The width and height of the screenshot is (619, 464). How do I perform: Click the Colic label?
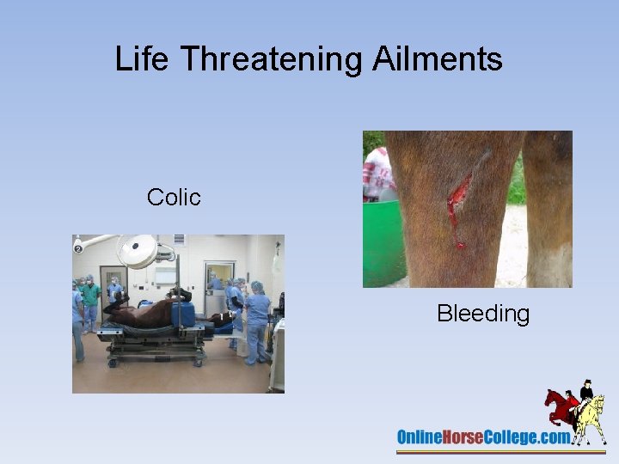point(174,198)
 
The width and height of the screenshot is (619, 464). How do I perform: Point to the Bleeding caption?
point(483,314)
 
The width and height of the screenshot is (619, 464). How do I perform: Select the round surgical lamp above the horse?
point(138,251)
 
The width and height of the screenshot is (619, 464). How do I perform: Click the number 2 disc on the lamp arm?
point(77,247)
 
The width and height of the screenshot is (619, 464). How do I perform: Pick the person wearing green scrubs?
point(90,296)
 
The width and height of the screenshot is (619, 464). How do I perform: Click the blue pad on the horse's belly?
point(183,314)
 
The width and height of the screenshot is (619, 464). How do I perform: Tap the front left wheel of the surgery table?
point(111,363)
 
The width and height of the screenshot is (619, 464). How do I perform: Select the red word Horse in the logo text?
point(468,437)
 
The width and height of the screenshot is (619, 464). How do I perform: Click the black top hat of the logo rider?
point(587,382)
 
